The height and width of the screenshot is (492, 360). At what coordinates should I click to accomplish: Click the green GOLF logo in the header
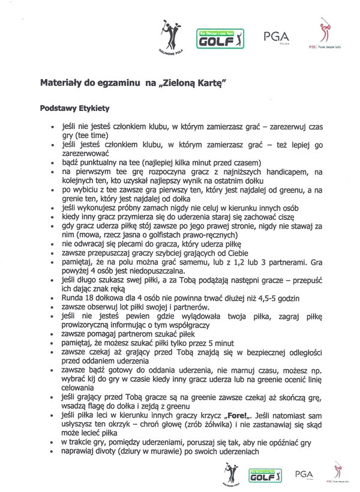pos(222,40)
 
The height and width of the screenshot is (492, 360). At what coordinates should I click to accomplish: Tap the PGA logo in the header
pos(276,38)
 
